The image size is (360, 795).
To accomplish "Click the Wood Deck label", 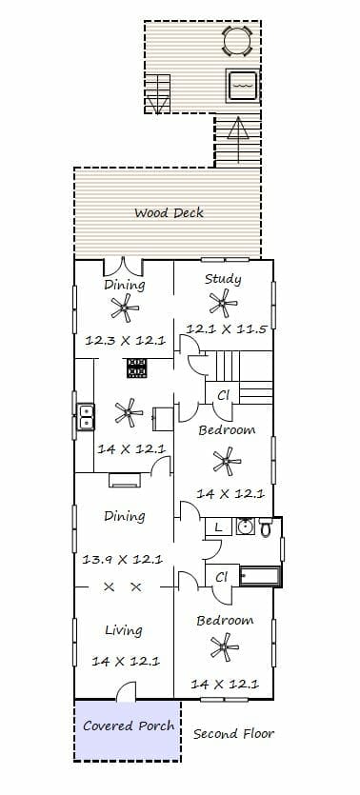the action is [x=169, y=212].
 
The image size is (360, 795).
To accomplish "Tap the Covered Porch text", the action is [x=129, y=725].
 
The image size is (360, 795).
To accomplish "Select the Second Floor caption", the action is [x=233, y=734].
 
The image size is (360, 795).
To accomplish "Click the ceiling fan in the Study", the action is [x=223, y=303].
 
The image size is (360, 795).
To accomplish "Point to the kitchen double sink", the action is [x=86, y=417].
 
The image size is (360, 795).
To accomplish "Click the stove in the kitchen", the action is [x=136, y=368].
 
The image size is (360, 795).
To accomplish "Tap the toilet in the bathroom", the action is [x=266, y=527].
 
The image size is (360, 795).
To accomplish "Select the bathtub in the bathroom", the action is [x=260, y=576].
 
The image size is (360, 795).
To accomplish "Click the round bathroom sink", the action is [x=246, y=527].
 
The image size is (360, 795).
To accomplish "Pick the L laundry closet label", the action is [x=218, y=527].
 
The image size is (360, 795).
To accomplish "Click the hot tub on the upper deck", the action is [x=242, y=87].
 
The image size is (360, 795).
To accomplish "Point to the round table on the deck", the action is [x=237, y=41].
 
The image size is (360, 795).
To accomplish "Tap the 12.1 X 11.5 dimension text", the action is [x=226, y=329].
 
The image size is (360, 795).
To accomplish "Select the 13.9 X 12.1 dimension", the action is [x=122, y=560].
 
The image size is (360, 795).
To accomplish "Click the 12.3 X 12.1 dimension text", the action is [x=125, y=340].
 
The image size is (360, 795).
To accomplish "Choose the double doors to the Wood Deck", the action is [x=123, y=268].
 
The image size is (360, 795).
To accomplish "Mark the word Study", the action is [x=223, y=279].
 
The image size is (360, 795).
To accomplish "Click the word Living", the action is [x=124, y=630].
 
